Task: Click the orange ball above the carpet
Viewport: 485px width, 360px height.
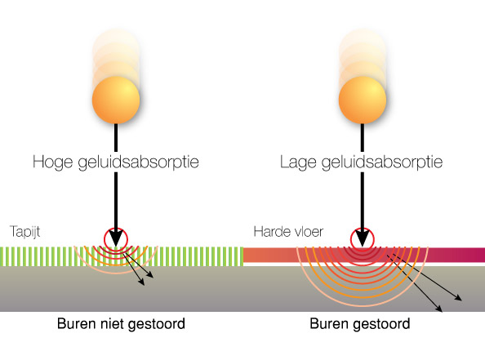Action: [x=116, y=100]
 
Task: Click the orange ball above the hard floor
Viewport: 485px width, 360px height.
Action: [x=363, y=100]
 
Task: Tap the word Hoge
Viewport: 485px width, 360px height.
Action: [x=52, y=162]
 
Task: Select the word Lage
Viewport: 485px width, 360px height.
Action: [x=298, y=162]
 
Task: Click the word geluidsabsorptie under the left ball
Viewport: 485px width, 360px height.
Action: [x=138, y=162]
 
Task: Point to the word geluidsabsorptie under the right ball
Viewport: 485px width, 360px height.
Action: [x=382, y=162]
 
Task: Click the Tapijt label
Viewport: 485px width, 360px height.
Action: [x=24, y=232]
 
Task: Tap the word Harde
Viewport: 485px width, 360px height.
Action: [x=269, y=232]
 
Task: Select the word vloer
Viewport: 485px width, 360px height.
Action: [x=306, y=232]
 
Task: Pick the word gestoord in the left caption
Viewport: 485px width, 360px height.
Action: [x=156, y=325]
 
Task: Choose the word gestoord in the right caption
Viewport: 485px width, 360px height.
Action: [x=381, y=325]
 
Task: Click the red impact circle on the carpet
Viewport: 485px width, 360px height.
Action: [x=104, y=239]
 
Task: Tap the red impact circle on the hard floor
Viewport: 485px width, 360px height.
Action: [x=350, y=239]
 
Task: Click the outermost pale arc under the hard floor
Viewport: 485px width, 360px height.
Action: [x=363, y=305]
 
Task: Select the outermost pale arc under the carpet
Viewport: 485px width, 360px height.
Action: [x=116, y=273]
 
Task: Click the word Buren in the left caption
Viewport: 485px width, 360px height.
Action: [x=75, y=324]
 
